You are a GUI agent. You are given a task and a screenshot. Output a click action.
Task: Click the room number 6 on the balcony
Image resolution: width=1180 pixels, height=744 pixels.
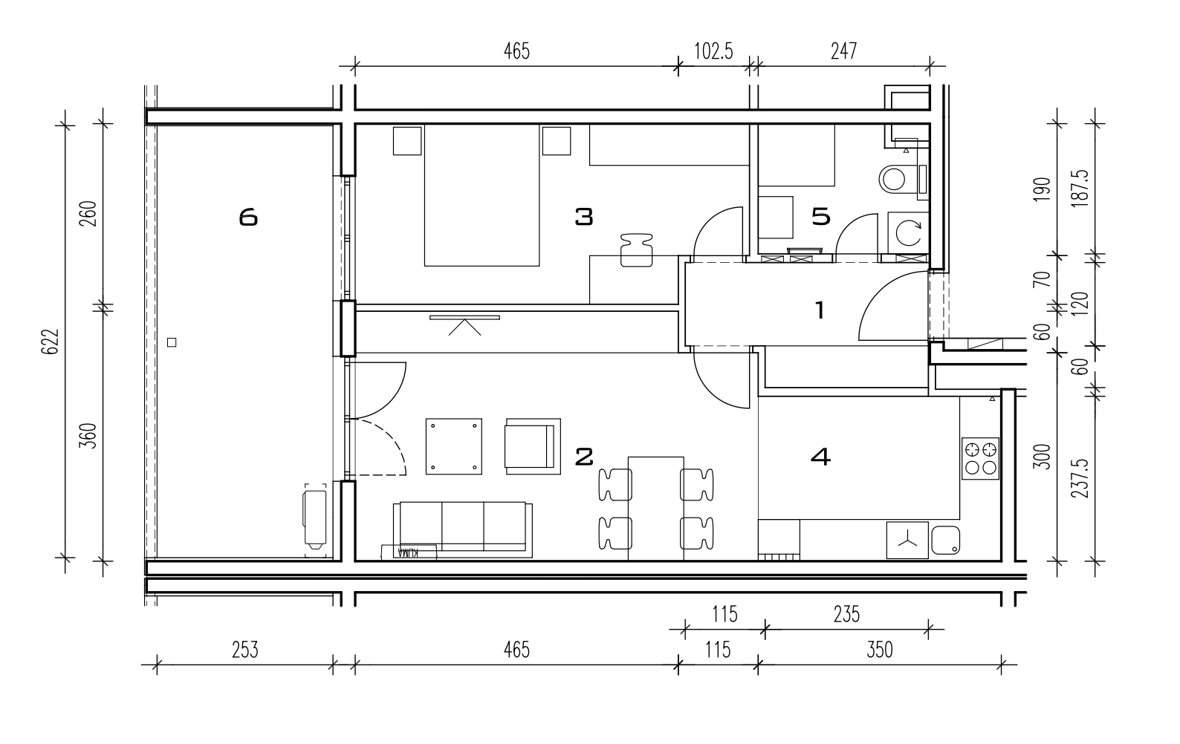click(248, 217)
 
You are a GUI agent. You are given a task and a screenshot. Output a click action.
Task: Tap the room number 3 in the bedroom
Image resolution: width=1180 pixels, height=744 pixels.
click(583, 216)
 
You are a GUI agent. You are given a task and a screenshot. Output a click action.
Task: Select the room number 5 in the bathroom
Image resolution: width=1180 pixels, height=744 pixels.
click(821, 216)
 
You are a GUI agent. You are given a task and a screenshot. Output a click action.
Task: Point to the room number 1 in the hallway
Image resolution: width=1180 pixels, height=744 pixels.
click(819, 310)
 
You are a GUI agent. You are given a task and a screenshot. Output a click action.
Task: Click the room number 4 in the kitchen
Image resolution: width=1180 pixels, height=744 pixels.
click(821, 457)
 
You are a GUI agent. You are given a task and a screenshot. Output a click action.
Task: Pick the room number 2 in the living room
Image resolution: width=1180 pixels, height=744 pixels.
click(583, 457)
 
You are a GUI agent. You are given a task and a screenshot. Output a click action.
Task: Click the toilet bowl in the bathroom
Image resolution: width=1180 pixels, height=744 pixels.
click(893, 179)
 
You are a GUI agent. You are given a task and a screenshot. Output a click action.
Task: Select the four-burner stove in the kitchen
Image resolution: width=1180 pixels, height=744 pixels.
click(980, 458)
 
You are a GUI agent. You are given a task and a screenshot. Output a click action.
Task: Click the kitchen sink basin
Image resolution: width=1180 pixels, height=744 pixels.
click(946, 541)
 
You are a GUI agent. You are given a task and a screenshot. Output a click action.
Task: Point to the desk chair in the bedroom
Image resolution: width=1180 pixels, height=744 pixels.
click(636, 250)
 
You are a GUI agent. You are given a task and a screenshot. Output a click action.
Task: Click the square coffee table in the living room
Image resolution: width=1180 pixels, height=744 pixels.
click(453, 446)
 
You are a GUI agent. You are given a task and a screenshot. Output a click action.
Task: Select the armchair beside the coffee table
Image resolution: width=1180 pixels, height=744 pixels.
click(533, 446)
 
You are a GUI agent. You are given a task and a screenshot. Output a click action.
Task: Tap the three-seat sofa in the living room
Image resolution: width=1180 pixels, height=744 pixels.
click(462, 529)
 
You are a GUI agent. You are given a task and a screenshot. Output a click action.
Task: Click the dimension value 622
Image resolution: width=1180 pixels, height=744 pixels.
click(50, 342)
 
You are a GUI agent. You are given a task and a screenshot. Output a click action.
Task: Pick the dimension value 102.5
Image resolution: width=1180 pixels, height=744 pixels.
click(713, 51)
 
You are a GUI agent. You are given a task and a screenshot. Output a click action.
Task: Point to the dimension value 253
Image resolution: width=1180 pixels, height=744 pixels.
click(245, 650)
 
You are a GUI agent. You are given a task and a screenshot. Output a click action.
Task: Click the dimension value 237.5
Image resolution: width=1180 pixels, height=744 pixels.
click(1080, 479)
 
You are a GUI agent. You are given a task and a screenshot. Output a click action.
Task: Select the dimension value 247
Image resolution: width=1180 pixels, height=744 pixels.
click(844, 51)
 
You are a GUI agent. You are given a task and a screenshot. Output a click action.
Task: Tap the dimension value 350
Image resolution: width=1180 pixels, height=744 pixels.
click(880, 650)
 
